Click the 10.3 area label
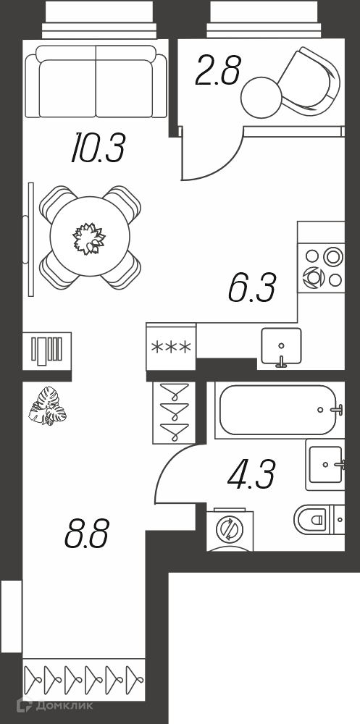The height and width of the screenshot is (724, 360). tap(98, 149)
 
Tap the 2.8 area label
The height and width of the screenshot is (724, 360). tap(218, 71)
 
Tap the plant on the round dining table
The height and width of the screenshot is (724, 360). tap(89, 238)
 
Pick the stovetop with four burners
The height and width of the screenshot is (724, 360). tap(321, 269)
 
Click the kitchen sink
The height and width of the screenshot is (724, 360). tap(282, 346)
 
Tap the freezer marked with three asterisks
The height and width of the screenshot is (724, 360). tap(172, 347)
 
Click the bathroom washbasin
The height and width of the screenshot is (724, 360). tap(325, 465)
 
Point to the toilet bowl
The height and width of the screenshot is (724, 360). tap(314, 519)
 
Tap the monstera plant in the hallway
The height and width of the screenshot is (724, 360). tap(47, 406)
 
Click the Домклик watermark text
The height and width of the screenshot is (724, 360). tap(64, 705)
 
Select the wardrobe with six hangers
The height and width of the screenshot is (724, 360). tap(84, 680)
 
